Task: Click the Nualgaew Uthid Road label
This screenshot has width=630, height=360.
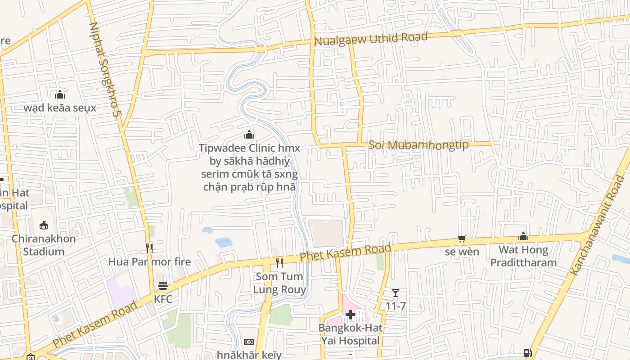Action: point(370,39)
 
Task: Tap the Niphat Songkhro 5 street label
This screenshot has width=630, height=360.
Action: point(105,70)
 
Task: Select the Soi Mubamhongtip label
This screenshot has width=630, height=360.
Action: point(418,145)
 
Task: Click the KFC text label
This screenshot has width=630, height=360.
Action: point(163,299)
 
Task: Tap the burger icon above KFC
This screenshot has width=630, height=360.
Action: point(163,286)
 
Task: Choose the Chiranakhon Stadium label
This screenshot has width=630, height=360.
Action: point(44,245)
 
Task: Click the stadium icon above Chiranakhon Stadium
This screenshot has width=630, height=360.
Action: point(44,225)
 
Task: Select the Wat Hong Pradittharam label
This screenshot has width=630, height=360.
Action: point(523,256)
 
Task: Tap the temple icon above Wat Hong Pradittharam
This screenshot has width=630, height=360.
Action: point(523,236)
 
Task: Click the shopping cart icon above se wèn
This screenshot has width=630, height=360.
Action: point(462,238)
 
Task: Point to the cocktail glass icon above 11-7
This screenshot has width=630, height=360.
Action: point(396,293)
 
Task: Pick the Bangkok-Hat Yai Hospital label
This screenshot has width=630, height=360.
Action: point(351,334)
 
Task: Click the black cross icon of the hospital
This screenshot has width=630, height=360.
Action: point(351,314)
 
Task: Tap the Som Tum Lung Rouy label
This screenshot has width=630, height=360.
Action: point(279,283)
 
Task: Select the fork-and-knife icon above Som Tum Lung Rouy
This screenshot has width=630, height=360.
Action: point(279,263)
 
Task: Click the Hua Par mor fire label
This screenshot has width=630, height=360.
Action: point(149,261)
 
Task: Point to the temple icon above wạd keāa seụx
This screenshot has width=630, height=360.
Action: point(60,94)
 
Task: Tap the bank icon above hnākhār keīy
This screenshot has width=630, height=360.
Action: point(249,342)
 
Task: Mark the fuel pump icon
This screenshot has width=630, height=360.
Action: point(529,354)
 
